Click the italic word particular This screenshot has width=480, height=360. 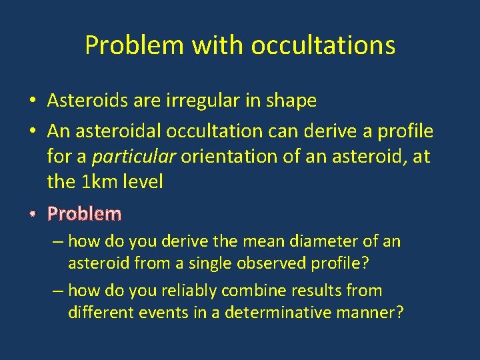pyautogui.click(x=134, y=157)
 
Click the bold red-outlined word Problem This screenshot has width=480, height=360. pyautogui.click(x=85, y=214)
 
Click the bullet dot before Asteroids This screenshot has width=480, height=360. pyautogui.click(x=32, y=101)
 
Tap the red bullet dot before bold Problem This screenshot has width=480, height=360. pyautogui.click(x=32, y=215)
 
